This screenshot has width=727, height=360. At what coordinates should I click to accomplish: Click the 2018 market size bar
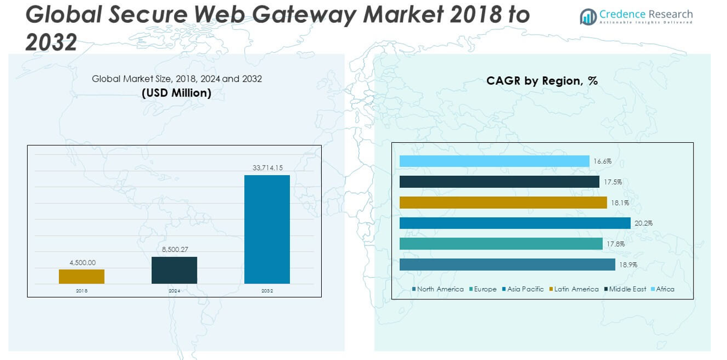[82, 277]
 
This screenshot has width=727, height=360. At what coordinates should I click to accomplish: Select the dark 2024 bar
[174, 270]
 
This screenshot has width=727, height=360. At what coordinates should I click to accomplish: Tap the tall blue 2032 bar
[267, 229]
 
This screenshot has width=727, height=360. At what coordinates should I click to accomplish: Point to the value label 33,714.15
[267, 168]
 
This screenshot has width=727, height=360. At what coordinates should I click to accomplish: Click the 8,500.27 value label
[174, 250]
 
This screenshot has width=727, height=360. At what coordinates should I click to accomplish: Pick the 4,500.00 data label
[82, 262]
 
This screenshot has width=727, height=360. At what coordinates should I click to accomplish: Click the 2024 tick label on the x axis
[174, 291]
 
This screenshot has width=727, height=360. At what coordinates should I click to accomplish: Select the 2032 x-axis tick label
[267, 291]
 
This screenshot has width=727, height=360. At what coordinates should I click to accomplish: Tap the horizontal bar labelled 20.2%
[514, 223]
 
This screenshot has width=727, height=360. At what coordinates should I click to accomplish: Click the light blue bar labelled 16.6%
[494, 161]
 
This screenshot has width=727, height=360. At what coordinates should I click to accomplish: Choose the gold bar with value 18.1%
[503, 203]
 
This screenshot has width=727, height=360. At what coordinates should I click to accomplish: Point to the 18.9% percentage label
[628, 265]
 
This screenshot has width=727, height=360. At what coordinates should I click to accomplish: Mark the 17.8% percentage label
[615, 244]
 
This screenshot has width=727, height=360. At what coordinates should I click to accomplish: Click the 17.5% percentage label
[612, 182]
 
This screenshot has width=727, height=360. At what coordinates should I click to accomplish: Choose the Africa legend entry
[663, 289]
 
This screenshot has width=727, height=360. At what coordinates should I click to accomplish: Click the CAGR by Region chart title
[542, 81]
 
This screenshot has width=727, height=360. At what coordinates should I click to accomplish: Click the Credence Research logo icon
[588, 17]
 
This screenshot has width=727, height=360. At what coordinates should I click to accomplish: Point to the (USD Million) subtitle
[176, 93]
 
